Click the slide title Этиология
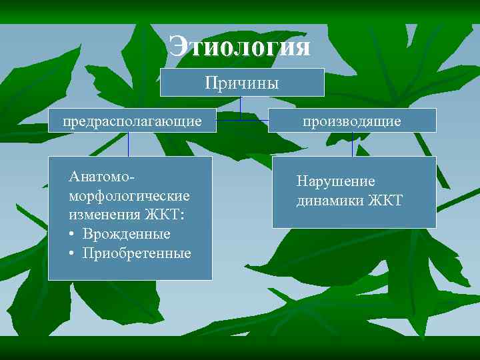click(240, 47)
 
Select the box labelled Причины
click(242, 83)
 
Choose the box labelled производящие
click(352, 121)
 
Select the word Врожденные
click(127, 234)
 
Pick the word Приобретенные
click(137, 253)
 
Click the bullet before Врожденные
click(71, 234)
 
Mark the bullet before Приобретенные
click(71, 253)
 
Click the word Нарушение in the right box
click(336, 181)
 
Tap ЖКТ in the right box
click(385, 201)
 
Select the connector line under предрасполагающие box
click(129, 144)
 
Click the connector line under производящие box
click(352, 144)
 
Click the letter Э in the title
click(179, 47)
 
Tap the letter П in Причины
click(211, 83)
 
